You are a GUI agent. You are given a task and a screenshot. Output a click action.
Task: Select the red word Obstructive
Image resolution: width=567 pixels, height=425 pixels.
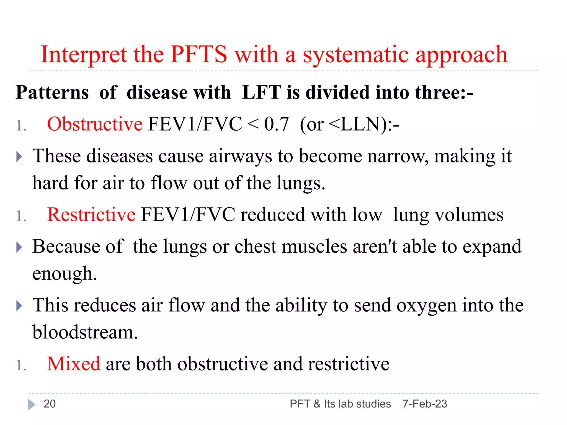pos(95,124)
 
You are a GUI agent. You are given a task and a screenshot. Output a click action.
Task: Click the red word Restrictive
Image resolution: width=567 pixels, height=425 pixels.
pos(91,215)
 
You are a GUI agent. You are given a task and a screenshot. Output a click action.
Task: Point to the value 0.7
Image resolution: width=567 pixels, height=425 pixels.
pos(276,124)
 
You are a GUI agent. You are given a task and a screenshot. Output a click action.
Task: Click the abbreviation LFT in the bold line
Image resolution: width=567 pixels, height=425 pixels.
pos(261,92)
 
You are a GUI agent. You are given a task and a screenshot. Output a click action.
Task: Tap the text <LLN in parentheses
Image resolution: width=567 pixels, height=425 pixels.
pos(355,124)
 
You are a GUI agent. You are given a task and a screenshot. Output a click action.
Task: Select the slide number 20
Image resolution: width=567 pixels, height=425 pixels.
pos(50,404)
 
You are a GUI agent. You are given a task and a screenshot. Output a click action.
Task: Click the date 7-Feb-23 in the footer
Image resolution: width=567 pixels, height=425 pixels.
pos(425,404)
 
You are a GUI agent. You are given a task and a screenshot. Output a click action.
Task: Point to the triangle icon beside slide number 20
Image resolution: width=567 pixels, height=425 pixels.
pos(32,405)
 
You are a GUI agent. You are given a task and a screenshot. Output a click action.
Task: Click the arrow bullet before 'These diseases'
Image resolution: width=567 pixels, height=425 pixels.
pos(19,157)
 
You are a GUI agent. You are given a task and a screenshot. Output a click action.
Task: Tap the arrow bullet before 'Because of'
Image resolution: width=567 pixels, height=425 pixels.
pos(19,247)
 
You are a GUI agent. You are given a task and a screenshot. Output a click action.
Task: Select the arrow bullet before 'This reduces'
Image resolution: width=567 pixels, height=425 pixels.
pos(19,306)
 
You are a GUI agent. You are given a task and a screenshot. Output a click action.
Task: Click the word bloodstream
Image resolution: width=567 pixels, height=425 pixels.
pos(85,332)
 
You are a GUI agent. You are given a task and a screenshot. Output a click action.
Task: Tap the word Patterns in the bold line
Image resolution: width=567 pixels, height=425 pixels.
pos(52,92)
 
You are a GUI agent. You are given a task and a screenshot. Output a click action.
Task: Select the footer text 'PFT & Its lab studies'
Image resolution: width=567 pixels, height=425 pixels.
pos(340,404)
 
